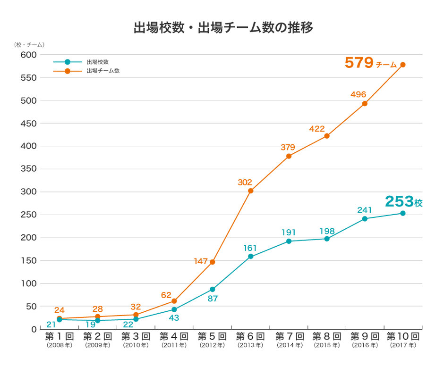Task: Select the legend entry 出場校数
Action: (x=97, y=62)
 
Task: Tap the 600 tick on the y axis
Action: (x=28, y=55)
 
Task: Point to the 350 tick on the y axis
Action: (x=28, y=169)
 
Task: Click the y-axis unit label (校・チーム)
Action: (x=29, y=45)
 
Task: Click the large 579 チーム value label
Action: (x=370, y=63)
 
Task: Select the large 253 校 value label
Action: (x=403, y=201)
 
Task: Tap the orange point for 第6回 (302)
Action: (x=250, y=191)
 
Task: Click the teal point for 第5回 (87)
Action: (x=212, y=289)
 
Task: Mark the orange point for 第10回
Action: (x=403, y=65)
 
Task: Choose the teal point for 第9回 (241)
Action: (x=365, y=219)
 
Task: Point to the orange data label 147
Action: (x=201, y=261)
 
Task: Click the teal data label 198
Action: (x=327, y=231)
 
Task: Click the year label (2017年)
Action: (x=403, y=346)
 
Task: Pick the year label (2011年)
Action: (x=174, y=346)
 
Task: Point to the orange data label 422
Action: (x=317, y=128)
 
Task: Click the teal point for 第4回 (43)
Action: (x=174, y=309)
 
